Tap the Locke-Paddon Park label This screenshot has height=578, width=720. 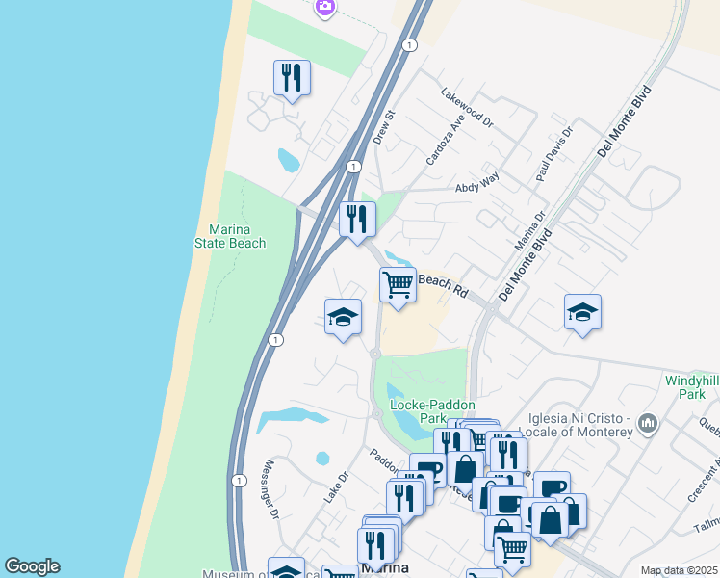pyautogui.click(x=432, y=411)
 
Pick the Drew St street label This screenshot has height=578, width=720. pyautogui.click(x=384, y=127)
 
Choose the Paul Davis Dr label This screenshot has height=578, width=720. pyautogui.click(x=554, y=153)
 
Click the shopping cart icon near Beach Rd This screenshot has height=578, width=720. pyautogui.click(x=398, y=285)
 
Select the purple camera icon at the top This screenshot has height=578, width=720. pyautogui.click(x=325, y=7)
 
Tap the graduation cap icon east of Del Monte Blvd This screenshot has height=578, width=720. pyautogui.click(x=582, y=312)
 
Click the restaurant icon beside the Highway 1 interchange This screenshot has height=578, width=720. pyautogui.click(x=357, y=219)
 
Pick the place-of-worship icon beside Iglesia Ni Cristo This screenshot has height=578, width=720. pyautogui.click(x=647, y=422)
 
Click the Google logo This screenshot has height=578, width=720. pyautogui.click(x=32, y=566)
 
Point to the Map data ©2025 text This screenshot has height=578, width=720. pyautogui.click(x=679, y=570)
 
